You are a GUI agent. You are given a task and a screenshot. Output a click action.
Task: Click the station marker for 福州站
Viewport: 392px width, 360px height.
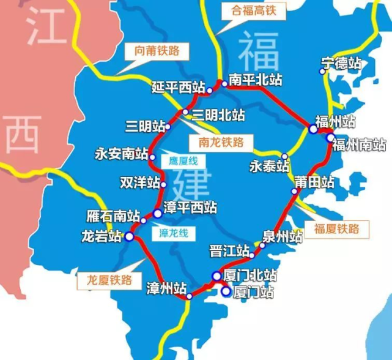[313, 129]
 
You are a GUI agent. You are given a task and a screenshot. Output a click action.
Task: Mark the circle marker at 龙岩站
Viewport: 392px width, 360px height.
[129, 236]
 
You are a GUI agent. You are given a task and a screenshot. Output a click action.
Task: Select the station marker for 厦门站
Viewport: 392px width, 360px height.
[226, 293]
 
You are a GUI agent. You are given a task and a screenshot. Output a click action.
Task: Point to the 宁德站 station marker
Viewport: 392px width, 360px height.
[323, 71]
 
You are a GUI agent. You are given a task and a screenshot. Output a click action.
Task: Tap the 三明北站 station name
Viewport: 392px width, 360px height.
[218, 114]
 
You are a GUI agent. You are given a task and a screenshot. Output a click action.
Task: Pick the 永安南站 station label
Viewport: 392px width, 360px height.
[122, 154]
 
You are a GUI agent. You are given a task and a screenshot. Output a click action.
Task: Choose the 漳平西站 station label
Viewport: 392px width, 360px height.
[190, 208]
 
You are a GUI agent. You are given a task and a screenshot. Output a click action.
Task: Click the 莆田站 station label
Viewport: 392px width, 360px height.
[314, 182]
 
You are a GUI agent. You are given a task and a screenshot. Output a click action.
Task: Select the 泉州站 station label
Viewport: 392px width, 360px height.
[283, 236]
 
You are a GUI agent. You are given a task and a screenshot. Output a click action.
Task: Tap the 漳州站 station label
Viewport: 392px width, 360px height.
[166, 287]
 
